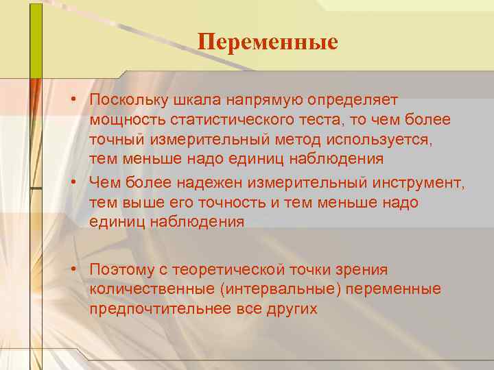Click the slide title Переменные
click(268, 42)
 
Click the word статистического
click(234, 120)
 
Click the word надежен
click(205, 183)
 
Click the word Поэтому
click(122, 270)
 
